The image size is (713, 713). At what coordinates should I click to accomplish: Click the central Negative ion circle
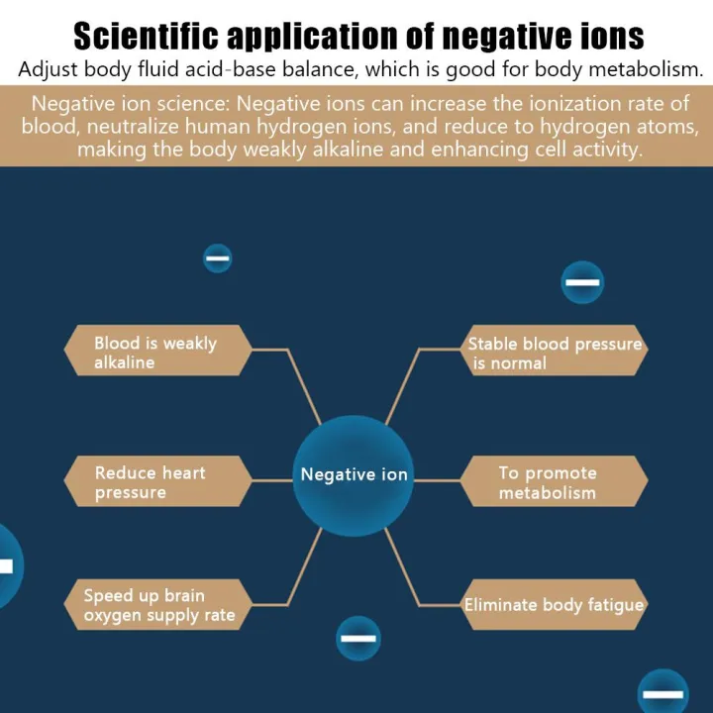353,475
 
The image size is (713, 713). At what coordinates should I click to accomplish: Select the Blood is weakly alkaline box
157,351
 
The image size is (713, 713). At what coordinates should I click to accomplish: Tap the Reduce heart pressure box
157,481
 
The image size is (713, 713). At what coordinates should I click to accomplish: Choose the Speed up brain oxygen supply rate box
157,604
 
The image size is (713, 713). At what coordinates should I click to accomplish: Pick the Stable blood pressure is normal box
554,351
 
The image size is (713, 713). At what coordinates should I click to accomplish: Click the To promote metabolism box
554,481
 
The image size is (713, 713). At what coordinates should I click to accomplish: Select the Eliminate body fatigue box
554,604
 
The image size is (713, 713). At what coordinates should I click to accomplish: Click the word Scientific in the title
146,36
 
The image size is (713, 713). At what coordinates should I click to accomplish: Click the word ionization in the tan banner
574,104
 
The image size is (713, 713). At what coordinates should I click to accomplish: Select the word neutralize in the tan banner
133,126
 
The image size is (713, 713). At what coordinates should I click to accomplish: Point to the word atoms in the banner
667,127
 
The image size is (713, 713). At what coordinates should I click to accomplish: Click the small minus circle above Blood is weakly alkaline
217,258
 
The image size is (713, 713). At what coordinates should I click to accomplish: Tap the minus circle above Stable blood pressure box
582,282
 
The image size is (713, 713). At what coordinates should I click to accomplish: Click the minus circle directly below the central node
358,638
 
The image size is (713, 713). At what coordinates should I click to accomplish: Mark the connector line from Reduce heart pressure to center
272,480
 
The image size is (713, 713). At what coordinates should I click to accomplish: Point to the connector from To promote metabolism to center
437,480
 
